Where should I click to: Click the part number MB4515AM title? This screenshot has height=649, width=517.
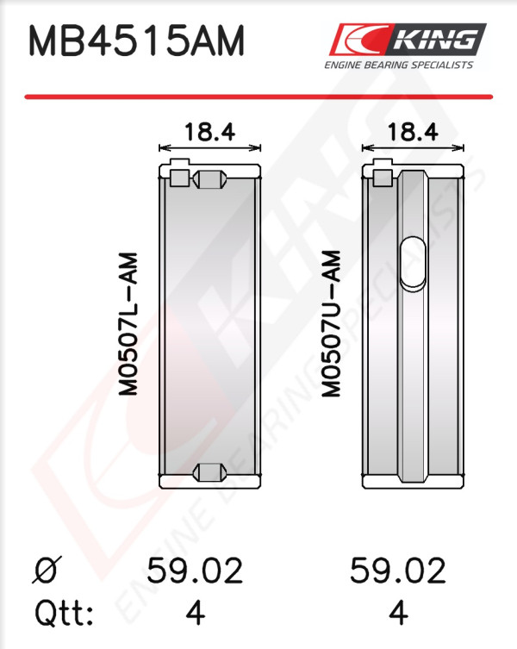pyautogui.click(x=137, y=41)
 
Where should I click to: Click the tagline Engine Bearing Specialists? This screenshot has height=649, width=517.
pyautogui.click(x=398, y=65)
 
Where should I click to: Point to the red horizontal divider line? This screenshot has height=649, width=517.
pyautogui.click(x=258, y=97)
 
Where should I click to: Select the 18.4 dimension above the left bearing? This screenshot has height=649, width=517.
pyautogui.click(x=210, y=132)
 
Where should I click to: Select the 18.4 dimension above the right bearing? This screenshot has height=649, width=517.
pyautogui.click(x=413, y=132)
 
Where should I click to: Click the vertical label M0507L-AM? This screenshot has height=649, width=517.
pyautogui.click(x=128, y=324)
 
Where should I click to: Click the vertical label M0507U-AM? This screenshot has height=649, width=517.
pyautogui.click(x=331, y=324)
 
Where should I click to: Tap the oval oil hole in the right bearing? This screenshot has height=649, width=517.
pyautogui.click(x=413, y=263)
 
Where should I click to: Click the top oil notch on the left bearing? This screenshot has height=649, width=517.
pyautogui.click(x=210, y=179)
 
